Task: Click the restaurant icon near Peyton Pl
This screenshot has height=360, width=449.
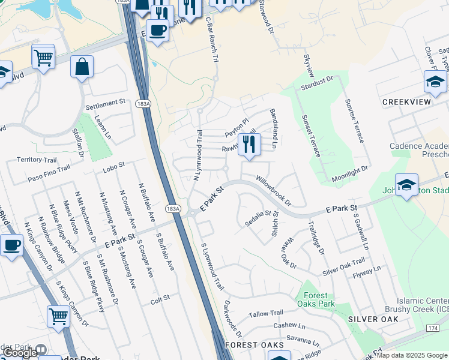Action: (x=249, y=144)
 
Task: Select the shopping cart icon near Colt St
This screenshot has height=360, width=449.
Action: (x=58, y=315)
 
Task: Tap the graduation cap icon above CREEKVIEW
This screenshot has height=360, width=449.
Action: (x=435, y=81)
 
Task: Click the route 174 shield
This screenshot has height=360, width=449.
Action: (x=433, y=329)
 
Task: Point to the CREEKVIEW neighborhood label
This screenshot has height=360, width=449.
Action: (x=406, y=102)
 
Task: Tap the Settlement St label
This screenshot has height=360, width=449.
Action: (x=105, y=103)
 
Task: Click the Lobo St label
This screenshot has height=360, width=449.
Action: (x=113, y=164)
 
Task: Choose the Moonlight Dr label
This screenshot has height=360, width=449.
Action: (x=349, y=175)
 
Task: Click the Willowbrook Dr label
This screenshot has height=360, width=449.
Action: (x=273, y=189)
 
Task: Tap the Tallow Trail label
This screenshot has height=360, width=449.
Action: (x=266, y=313)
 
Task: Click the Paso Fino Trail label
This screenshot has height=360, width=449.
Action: (x=49, y=175)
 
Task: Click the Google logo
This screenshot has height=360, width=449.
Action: (x=20, y=352)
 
